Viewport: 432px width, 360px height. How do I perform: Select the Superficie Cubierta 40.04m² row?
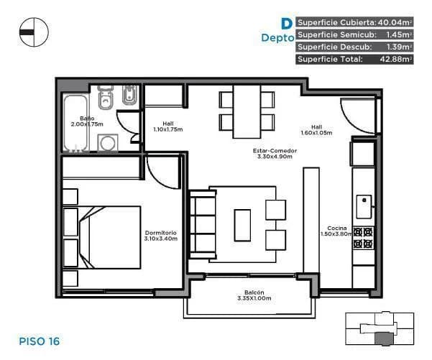coord(354,22)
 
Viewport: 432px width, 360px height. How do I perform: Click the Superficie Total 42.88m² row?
coord(354,59)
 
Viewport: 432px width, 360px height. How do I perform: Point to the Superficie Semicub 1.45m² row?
coord(354,34)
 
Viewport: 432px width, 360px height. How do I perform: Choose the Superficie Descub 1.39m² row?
coord(354,47)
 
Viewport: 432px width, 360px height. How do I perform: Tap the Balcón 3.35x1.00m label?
coord(249,295)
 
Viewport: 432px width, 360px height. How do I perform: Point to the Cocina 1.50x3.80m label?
coord(336,230)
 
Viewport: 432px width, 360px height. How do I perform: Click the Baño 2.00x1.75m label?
coord(87,121)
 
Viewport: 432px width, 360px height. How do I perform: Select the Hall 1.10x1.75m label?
coord(168,126)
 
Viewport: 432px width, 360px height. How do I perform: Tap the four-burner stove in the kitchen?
coord(364,239)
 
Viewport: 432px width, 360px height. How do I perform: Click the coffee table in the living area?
coord(242,224)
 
